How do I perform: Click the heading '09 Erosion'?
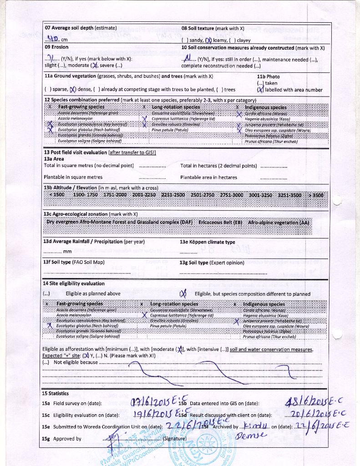pos(56,47)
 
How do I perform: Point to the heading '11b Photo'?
pos(268,76)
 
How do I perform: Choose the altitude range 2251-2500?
pos(173,195)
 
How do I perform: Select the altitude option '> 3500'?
pos(316,195)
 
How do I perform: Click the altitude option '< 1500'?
pos(57,195)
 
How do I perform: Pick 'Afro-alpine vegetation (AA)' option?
pos(279,223)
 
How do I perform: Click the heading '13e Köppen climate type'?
pos(207,242)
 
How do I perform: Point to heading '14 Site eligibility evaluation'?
pos(74,284)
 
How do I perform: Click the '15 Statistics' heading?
pos(56,393)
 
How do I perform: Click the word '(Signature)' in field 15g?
pos(174,439)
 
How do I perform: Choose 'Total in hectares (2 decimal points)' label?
pos(218,166)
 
